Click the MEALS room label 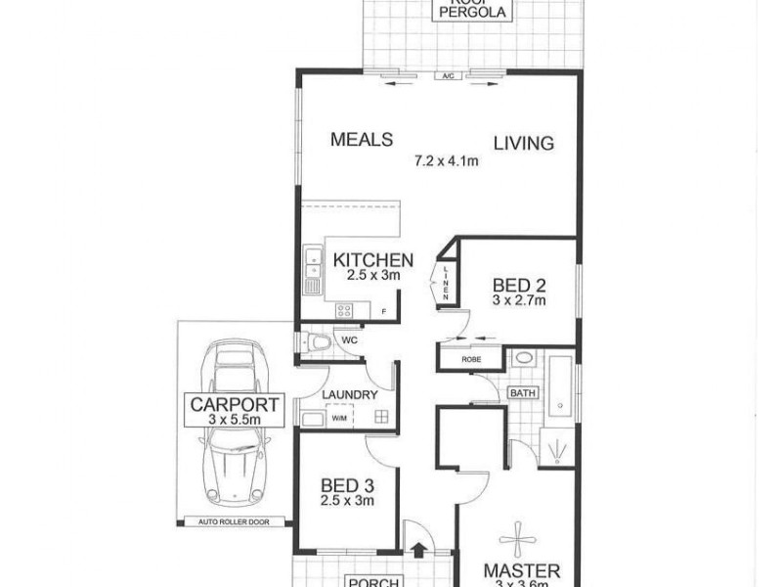361,138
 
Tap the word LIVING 523,143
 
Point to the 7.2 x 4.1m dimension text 446,161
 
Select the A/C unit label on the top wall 449,75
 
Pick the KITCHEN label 373,260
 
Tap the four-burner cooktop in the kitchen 346,310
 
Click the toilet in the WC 315,341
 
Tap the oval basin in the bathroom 524,358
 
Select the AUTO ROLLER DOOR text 234,522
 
